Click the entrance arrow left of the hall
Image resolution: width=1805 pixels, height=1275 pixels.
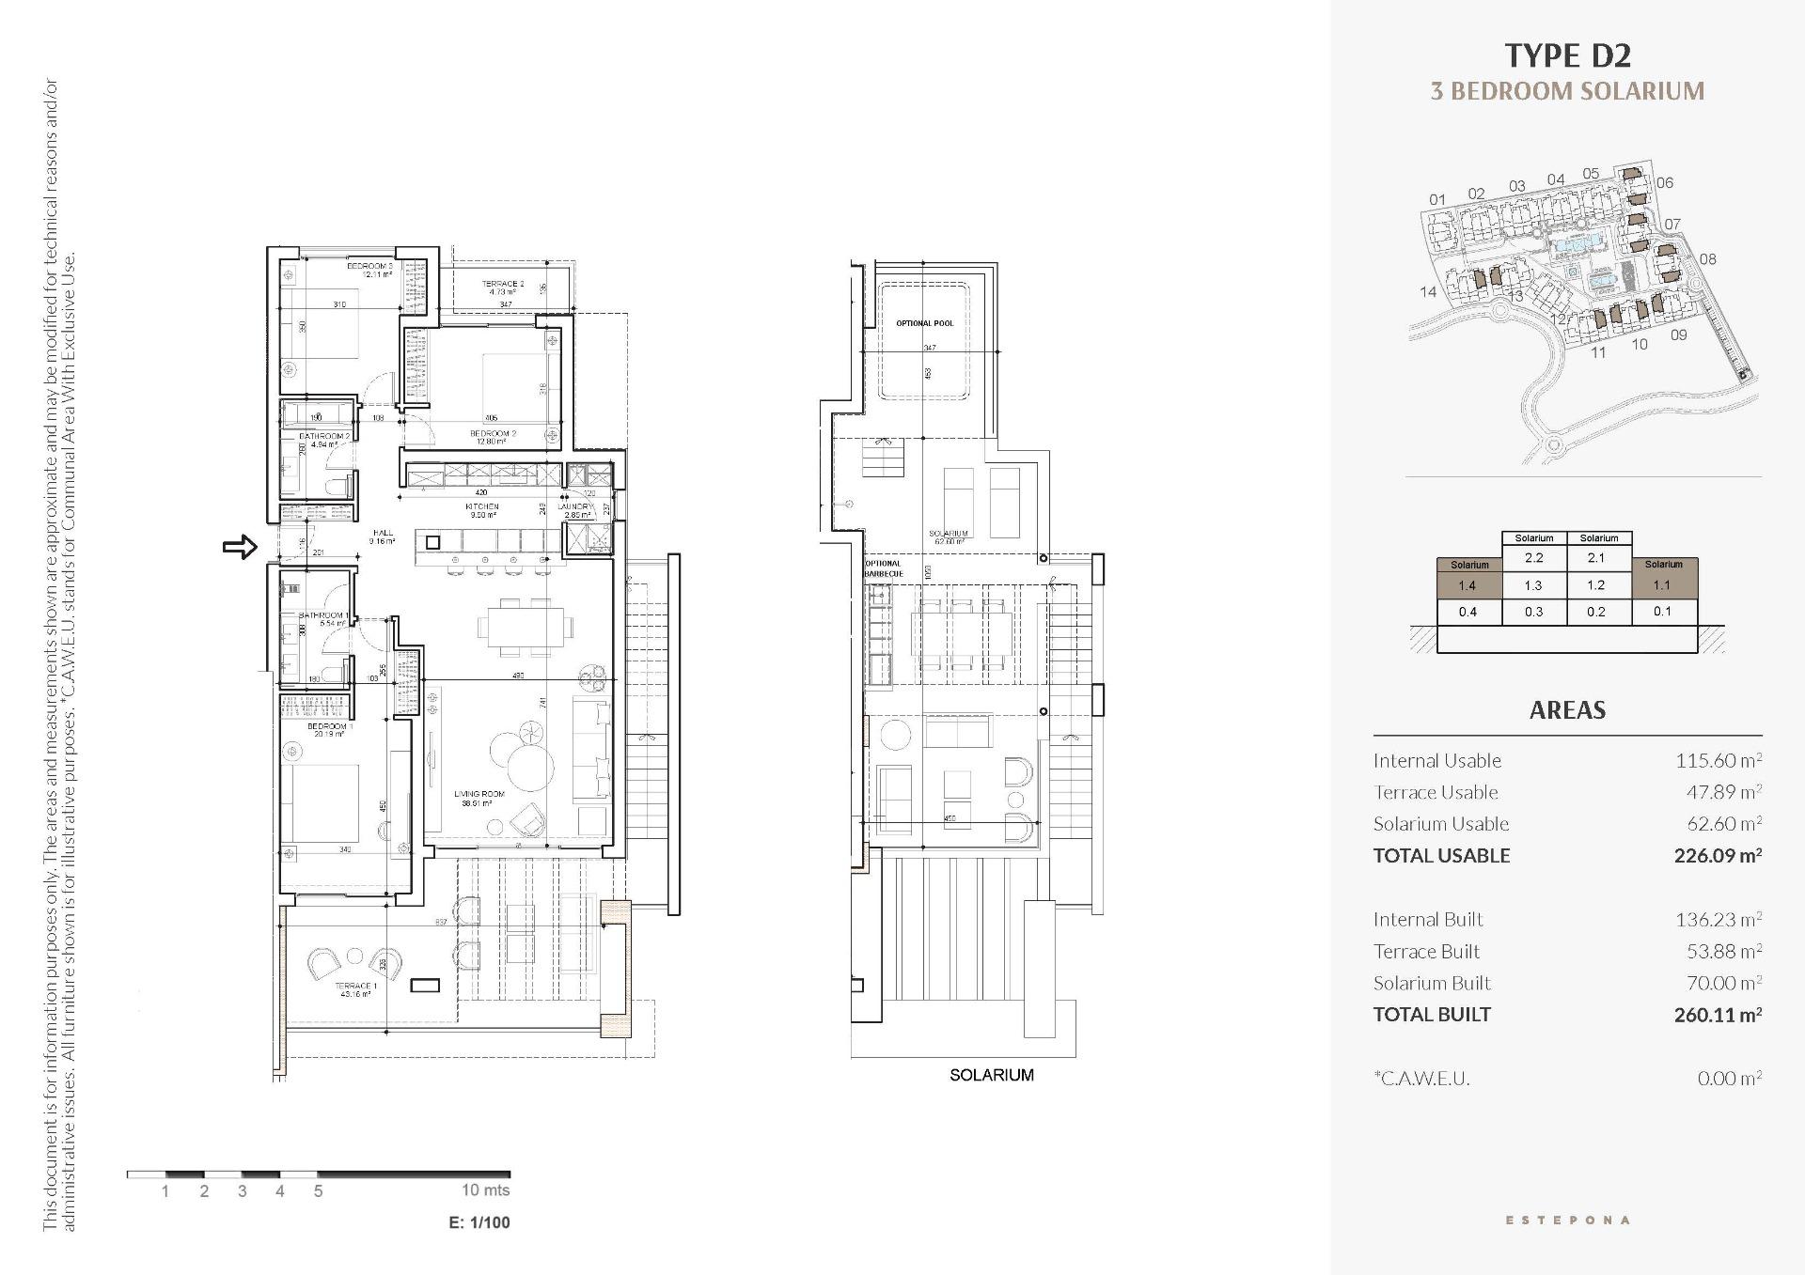pos(240,547)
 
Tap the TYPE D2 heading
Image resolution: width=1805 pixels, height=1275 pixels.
pos(1567,56)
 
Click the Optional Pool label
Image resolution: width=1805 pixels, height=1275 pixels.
pos(924,323)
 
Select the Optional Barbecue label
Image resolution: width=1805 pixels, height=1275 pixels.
pos(883,568)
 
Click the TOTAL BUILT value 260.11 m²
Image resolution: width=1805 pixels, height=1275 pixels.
pos(1717,1015)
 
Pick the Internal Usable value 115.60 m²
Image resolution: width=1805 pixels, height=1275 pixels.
pos(1718,761)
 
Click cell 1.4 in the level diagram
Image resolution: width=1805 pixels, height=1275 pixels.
pos(1467,585)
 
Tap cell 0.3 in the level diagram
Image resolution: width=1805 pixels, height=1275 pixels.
pos(1533,612)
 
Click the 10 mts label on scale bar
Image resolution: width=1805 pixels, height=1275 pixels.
pos(485,1190)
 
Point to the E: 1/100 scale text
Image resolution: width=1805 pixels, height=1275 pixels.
pos(479,1222)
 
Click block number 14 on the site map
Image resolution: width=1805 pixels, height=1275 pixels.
pos(1428,292)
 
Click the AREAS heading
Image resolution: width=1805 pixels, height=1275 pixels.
pos(1567,710)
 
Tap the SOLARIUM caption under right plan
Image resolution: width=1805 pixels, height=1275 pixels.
pos(991,1075)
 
